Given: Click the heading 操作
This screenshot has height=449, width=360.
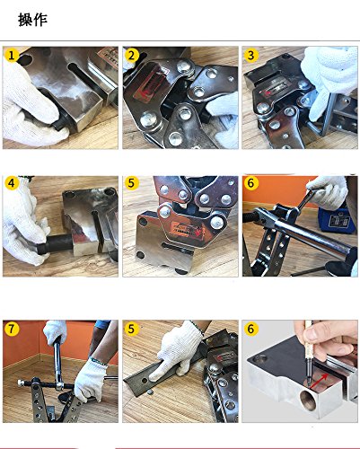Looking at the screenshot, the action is click(32, 20).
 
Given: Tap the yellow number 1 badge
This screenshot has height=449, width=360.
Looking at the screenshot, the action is click(12, 56).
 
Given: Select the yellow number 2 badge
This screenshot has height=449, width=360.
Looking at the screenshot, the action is click(131, 56).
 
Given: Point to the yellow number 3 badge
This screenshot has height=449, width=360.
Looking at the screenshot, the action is click(251, 56).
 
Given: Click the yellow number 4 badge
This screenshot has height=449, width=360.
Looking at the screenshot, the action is click(12, 183).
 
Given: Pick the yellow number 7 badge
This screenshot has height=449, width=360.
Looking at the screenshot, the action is click(12, 329).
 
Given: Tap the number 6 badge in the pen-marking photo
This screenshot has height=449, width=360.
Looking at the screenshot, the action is click(251, 329).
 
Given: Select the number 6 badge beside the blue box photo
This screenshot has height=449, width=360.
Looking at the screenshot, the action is click(251, 183).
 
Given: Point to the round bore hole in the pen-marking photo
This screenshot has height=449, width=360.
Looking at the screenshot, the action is click(308, 401).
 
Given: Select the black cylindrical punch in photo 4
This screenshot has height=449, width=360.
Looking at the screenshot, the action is click(56, 244).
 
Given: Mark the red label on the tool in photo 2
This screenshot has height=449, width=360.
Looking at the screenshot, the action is click(150, 83).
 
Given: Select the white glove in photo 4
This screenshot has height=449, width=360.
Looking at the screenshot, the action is click(24, 222).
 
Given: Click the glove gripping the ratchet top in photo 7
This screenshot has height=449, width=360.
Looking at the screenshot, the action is click(56, 332).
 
